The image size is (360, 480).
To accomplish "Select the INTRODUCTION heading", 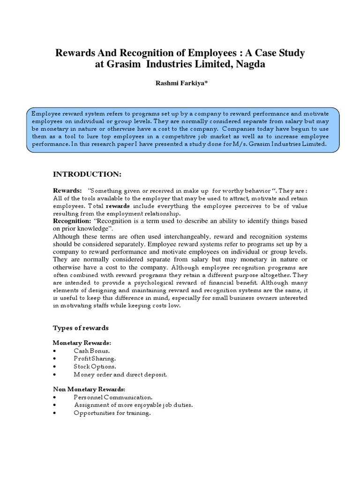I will click(87, 174).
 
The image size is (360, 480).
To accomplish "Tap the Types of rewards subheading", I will click(81, 328).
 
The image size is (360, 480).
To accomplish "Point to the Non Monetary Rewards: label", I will click(89, 389).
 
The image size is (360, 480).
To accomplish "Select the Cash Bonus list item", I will click(91, 351).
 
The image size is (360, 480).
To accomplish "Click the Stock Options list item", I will click(95, 366).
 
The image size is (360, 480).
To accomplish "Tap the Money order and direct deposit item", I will click(120, 374).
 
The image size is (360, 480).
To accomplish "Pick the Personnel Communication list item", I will click(113, 397).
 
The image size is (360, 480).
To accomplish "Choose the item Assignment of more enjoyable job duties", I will click(133, 405).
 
